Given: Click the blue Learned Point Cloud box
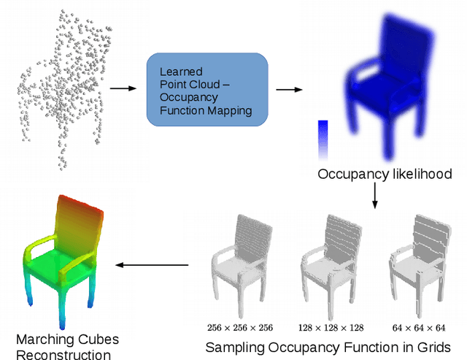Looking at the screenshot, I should point(207,90).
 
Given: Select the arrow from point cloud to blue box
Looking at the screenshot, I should point(123,89).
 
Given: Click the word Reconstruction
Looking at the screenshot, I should point(64,354).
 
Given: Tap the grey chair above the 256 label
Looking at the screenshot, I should point(240,259).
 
